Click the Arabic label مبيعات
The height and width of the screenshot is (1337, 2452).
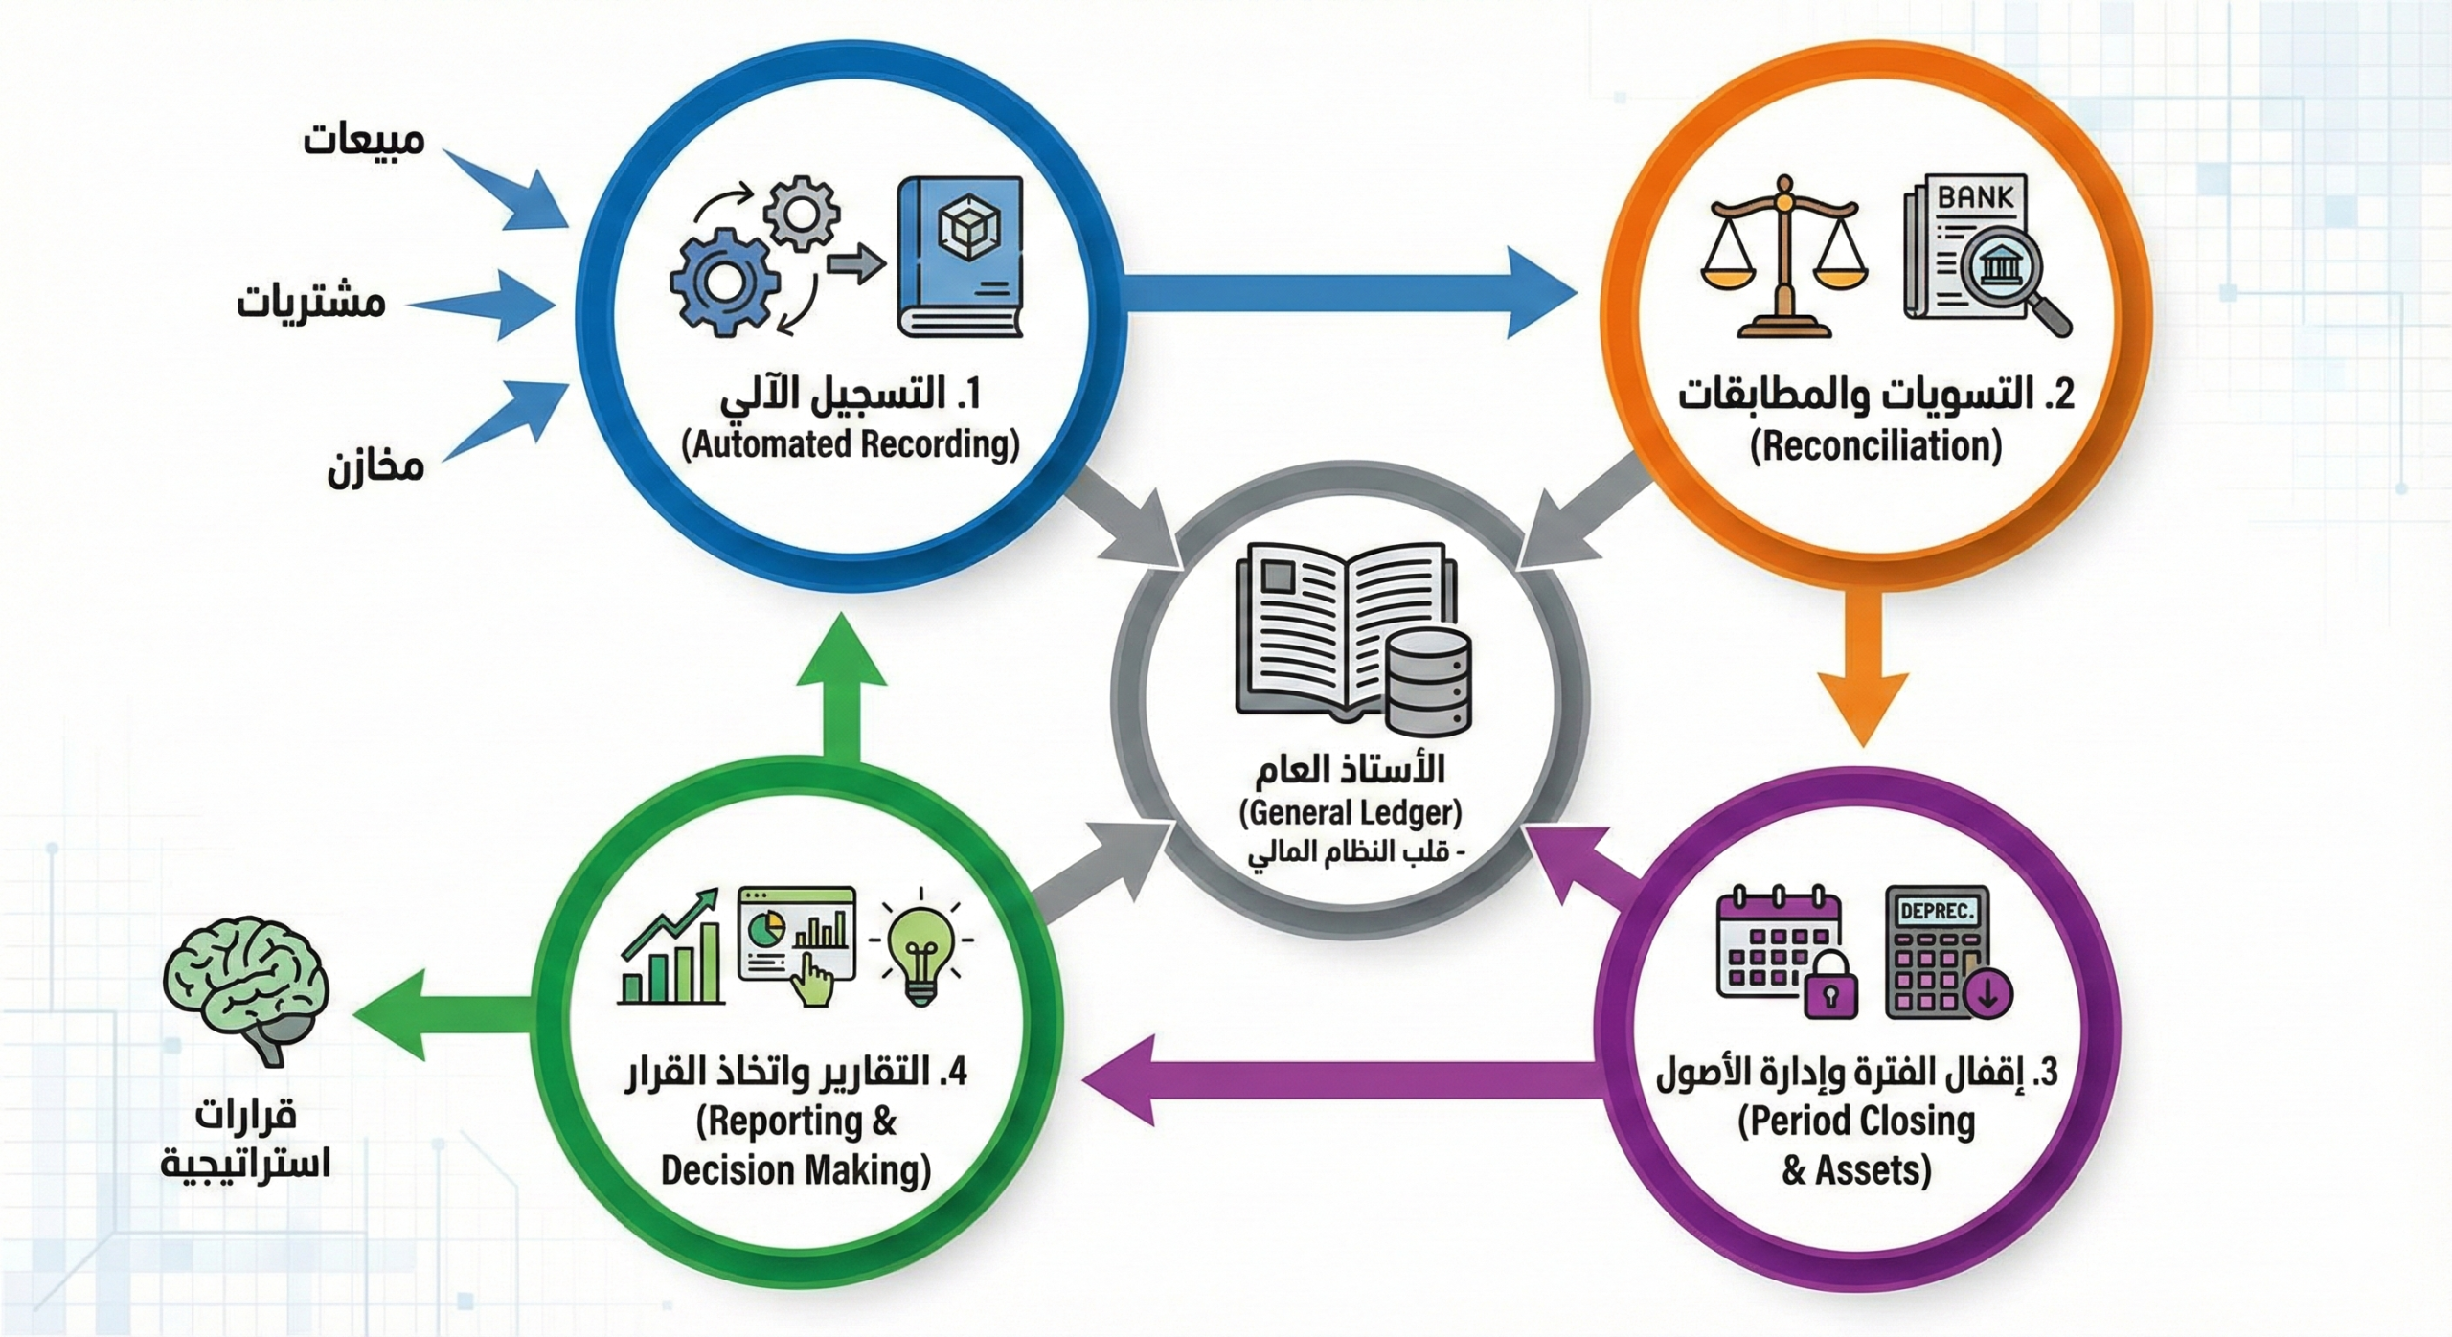[x=364, y=140]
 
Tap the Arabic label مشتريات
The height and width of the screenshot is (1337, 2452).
[x=311, y=302]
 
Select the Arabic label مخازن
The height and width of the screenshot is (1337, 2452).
[x=375, y=467]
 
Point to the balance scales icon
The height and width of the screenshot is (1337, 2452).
[x=1783, y=256]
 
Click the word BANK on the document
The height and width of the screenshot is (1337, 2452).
[x=1975, y=197]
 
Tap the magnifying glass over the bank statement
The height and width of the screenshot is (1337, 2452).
[x=2011, y=283]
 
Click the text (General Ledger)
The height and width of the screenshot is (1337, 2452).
[x=1351, y=813]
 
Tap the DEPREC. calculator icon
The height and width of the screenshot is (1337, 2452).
[x=1944, y=953]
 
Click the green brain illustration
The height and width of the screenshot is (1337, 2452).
[x=246, y=992]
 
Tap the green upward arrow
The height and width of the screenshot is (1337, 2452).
[x=842, y=688]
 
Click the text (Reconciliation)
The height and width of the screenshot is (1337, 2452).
[x=1875, y=446]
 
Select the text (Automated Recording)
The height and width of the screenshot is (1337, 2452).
[x=851, y=445]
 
